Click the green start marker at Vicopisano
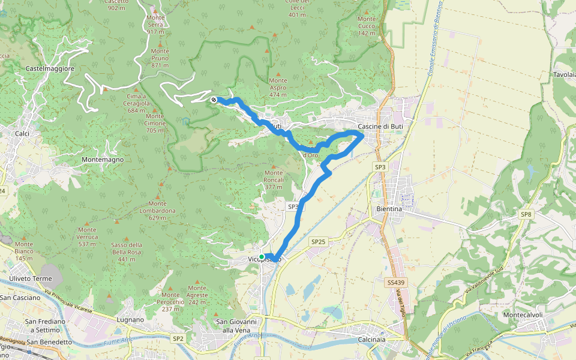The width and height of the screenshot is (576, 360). tap(262, 257)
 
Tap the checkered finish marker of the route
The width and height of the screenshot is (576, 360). tap(214, 100)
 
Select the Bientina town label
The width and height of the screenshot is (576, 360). tap(389, 209)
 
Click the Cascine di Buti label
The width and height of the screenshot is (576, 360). tap(380, 127)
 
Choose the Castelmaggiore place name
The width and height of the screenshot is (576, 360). tap(50, 69)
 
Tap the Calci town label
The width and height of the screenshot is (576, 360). tap(23, 133)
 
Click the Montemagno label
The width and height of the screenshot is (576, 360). tap(103, 160)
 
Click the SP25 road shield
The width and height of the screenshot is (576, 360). tap(318, 242)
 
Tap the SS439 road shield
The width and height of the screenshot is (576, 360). tap(393, 281)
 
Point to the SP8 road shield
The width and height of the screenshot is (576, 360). tap(526, 214)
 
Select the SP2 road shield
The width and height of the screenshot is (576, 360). tap(178, 338)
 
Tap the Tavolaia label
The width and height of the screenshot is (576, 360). tap(563, 75)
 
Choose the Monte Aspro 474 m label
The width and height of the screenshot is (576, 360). tap(278, 88)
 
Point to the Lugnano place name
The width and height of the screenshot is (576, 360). tap(131, 320)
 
